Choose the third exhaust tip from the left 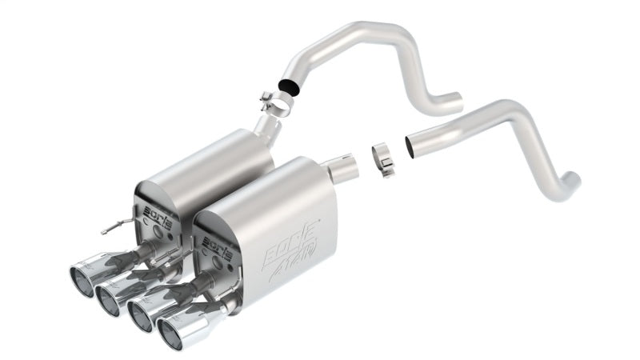tap(146, 314)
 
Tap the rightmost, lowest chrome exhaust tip tap(178, 334)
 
